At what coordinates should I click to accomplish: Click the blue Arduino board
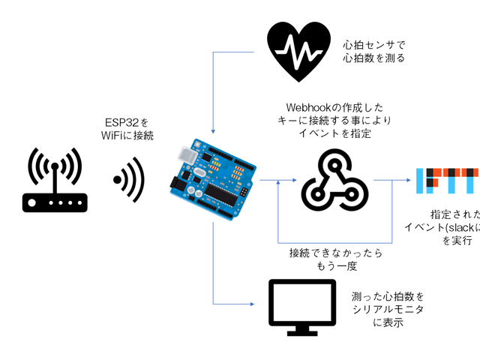click(214, 179)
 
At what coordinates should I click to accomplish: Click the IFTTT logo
click(448, 180)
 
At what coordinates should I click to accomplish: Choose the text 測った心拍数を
click(382, 295)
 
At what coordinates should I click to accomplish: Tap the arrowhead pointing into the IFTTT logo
click(408, 180)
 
